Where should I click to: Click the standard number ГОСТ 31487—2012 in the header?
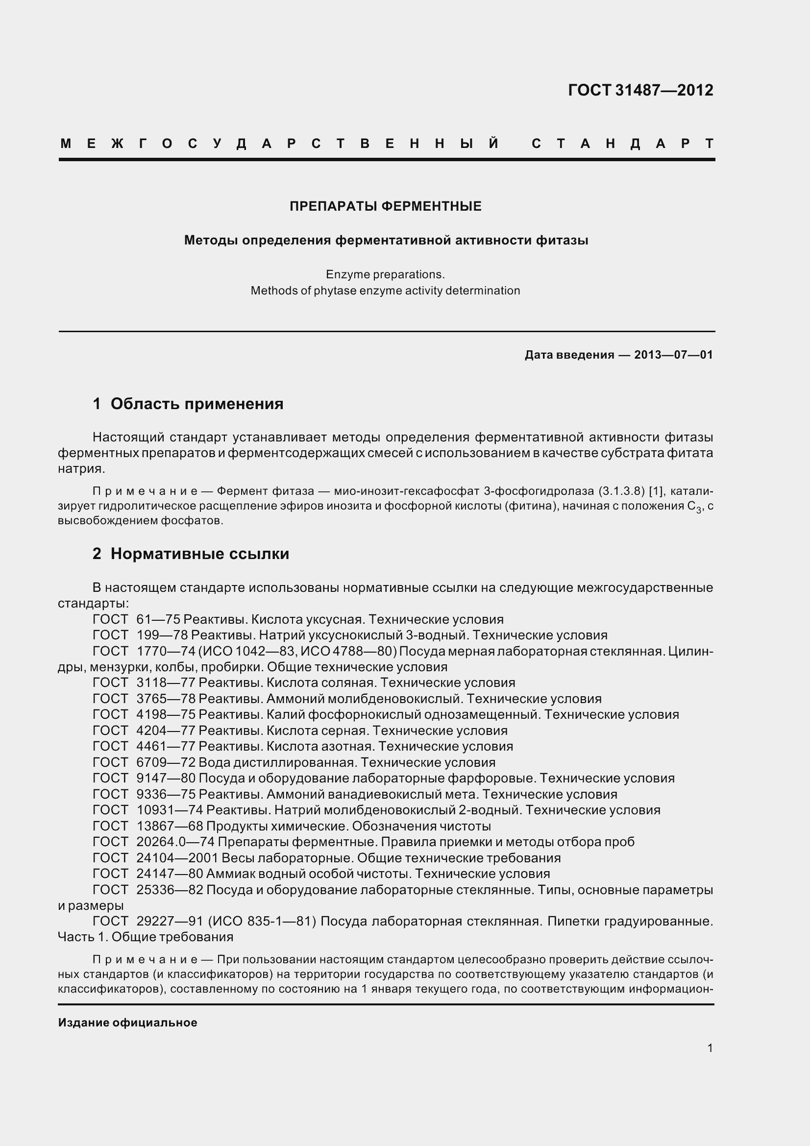pos(640,90)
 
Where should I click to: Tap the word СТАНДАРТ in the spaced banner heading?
pos(622,144)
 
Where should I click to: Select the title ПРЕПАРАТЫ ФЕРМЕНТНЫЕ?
pos(385,206)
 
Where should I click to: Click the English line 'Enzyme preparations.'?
pos(385,274)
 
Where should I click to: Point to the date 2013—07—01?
pos(673,355)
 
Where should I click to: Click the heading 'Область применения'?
pos(196,403)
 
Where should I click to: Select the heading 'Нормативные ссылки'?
pos(199,554)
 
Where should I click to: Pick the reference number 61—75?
pos(158,619)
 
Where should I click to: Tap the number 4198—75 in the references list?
pos(166,714)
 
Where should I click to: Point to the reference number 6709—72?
pos(166,762)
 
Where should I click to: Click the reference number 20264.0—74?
pos(175,842)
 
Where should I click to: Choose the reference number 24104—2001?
pos(177,857)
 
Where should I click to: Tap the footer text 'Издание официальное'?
pos(128,1023)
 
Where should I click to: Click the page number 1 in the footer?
pos(710,1048)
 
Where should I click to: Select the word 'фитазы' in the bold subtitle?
pos(562,241)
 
